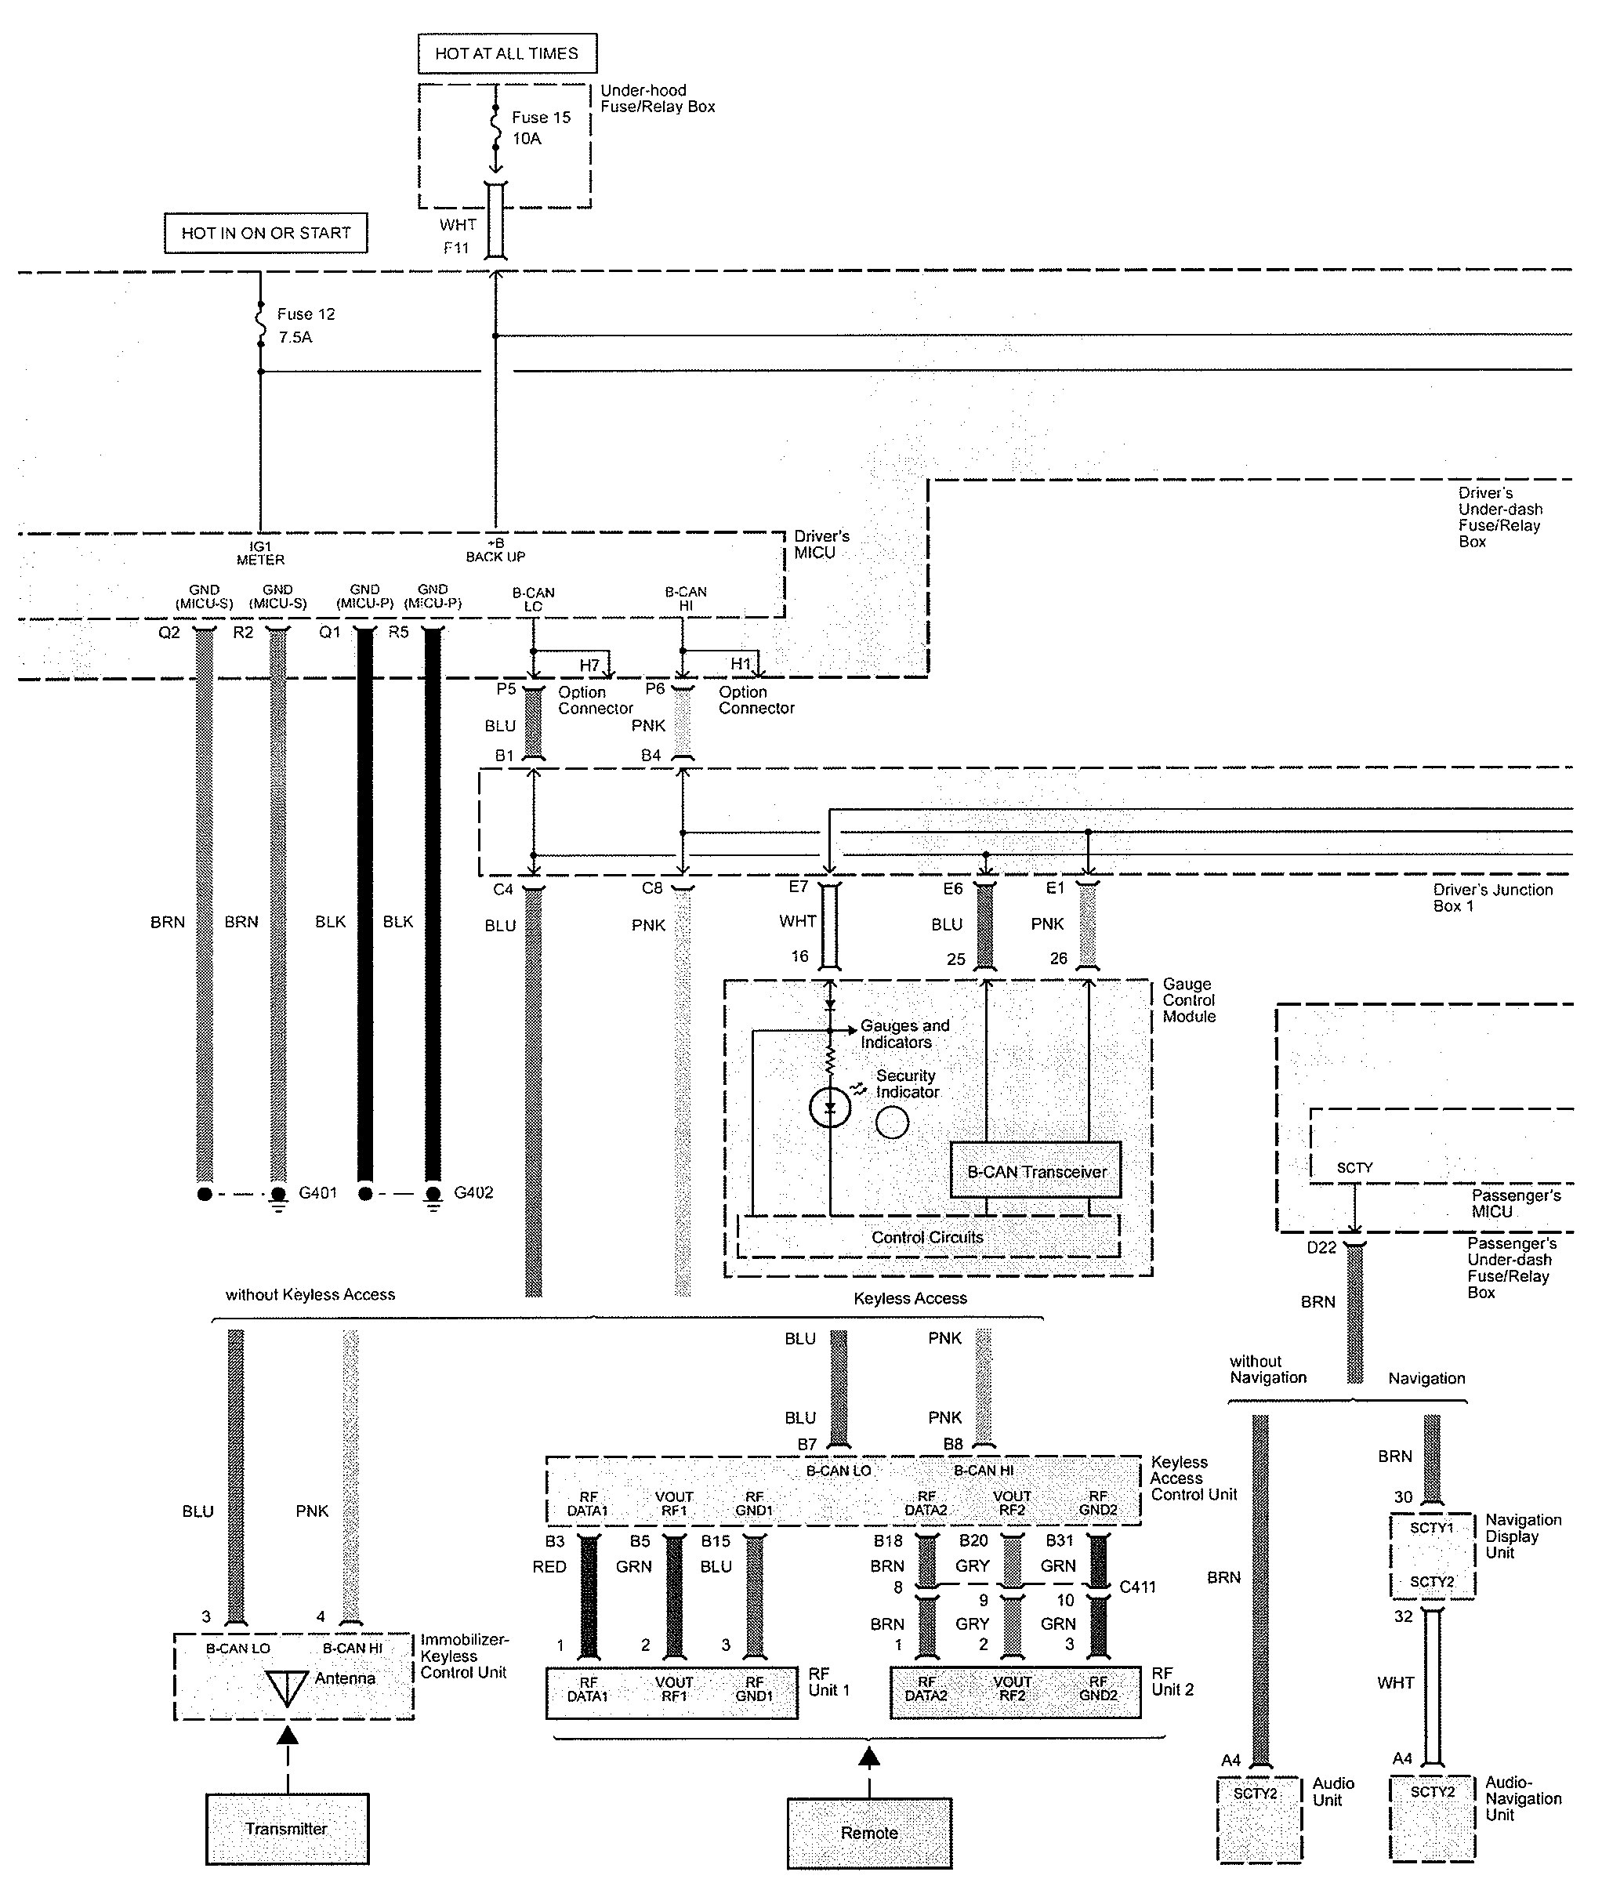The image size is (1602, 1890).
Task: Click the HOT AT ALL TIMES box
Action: pos(507,53)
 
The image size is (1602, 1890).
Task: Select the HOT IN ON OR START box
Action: pos(265,233)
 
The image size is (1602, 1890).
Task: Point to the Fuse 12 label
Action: pos(305,314)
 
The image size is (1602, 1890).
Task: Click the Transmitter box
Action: pos(287,1828)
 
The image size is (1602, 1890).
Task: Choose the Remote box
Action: pos(869,1832)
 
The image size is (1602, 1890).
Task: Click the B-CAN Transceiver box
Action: pos(1035,1172)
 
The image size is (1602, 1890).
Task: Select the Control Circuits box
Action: pos(927,1237)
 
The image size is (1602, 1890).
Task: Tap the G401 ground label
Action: pos(318,1192)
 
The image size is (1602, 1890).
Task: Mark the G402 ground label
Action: pos(473,1192)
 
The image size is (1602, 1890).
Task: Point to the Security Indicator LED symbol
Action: pos(830,1108)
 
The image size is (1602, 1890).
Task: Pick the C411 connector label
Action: pos(1137,1587)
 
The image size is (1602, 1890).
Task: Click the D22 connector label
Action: pos(1321,1248)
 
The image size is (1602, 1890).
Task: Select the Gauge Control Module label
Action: pos(1188,1000)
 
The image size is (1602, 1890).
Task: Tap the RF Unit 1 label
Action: pos(828,1681)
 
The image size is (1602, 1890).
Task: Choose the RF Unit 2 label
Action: pos(1173,1681)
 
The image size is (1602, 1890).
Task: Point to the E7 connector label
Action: pos(799,887)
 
